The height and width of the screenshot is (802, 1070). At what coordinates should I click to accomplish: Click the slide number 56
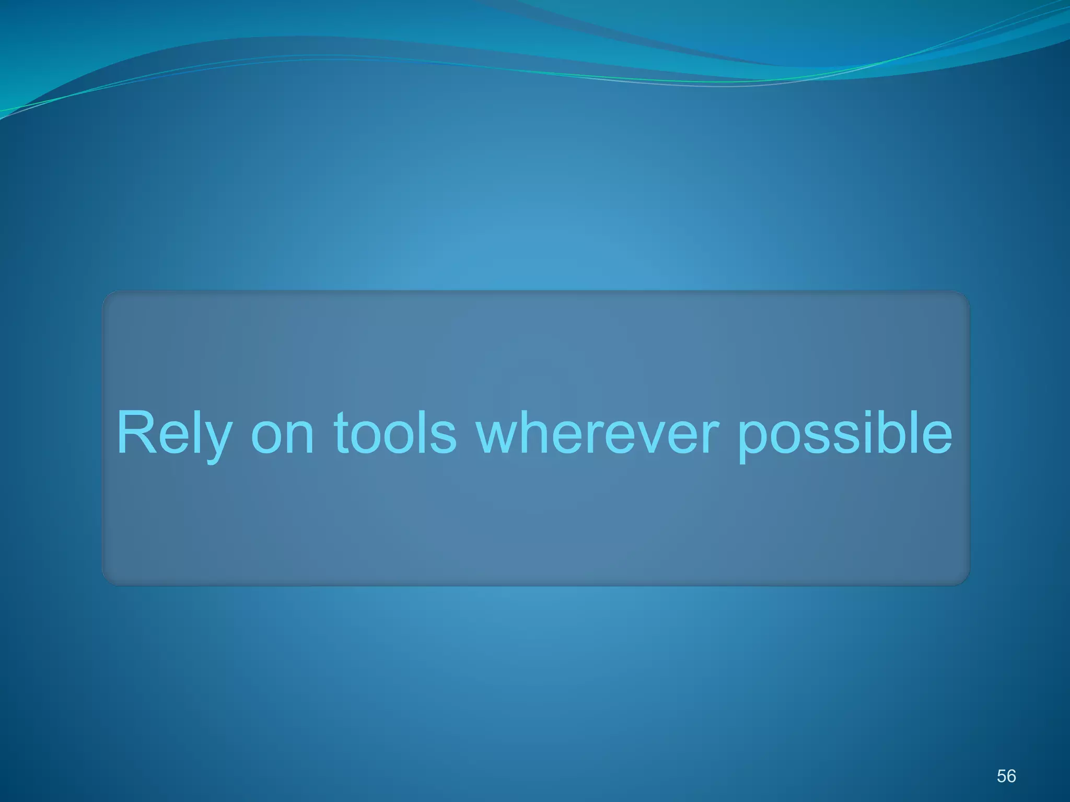(x=1006, y=776)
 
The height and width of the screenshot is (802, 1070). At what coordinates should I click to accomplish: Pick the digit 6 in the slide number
(x=1011, y=776)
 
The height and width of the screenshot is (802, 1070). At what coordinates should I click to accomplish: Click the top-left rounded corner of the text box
(x=107, y=296)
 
